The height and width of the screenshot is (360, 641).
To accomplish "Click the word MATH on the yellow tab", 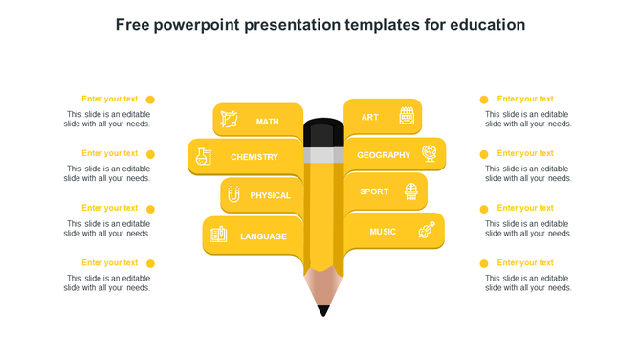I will [268, 122].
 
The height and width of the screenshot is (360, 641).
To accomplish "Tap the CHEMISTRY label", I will [254, 157].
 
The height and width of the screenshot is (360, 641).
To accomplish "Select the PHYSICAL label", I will [271, 196].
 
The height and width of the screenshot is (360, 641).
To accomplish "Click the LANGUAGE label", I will [263, 236].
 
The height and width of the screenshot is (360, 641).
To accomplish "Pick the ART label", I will [370, 118].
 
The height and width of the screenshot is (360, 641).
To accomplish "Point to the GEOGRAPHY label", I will [383, 155].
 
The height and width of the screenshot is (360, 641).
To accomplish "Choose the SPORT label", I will [374, 191].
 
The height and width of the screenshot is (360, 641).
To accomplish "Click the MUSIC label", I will [383, 232].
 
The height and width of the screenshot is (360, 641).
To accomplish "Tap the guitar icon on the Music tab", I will [427, 231].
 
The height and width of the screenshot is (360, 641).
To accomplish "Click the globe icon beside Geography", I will [430, 153].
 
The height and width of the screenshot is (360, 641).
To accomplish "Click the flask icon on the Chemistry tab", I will [203, 156].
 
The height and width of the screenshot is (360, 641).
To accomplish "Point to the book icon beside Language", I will [218, 235].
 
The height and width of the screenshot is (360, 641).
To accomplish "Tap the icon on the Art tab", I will [407, 116].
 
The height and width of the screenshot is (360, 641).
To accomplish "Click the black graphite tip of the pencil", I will [323, 310].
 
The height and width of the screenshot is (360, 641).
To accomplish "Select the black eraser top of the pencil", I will [323, 131].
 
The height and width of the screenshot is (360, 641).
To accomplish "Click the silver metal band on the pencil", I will [323, 154].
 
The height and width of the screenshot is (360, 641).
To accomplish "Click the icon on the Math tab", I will [229, 120].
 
